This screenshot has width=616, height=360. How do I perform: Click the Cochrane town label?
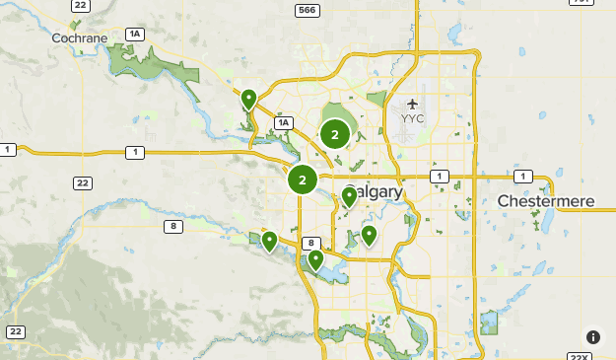tap(80, 37)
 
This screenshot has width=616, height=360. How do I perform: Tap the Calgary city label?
tap(374, 191)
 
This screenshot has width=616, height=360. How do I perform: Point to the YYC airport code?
tap(412, 119)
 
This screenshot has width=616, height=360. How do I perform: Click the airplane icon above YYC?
tap(412, 103)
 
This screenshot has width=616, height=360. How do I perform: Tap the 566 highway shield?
tap(307, 10)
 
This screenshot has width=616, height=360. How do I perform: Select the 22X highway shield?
tap(579, 356)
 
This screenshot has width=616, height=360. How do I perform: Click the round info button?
tap(592, 337)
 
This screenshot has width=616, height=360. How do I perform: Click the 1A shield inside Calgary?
tap(284, 122)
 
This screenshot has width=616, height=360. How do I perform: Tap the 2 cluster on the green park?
tap(335, 134)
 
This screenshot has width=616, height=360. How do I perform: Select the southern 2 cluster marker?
tap(303, 180)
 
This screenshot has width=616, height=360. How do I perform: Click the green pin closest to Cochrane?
tap(249, 99)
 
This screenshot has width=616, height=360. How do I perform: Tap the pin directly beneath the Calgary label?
tap(349, 196)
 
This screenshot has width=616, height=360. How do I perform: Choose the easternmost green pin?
tap(369, 235)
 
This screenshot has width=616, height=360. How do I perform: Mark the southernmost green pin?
tap(316, 259)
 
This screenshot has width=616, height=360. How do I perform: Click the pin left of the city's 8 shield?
tap(269, 241)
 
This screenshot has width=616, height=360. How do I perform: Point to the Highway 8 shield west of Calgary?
tap(173, 227)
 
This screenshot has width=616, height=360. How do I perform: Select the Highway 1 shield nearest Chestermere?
tap(522, 176)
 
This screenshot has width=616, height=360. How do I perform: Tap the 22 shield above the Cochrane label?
tap(81, 5)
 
